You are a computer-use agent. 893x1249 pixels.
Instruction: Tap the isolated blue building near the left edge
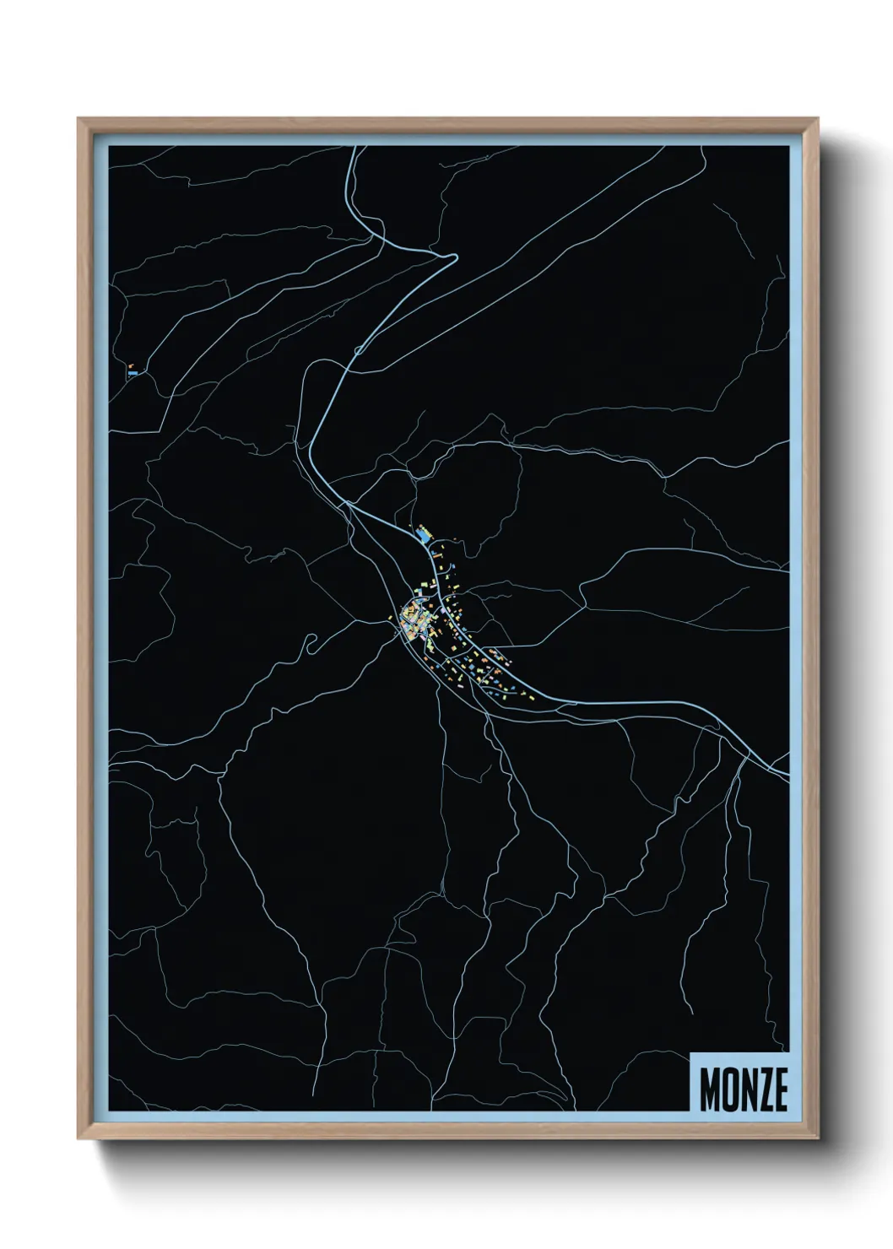[133, 370]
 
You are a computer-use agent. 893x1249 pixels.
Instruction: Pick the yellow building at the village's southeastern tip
[533, 697]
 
